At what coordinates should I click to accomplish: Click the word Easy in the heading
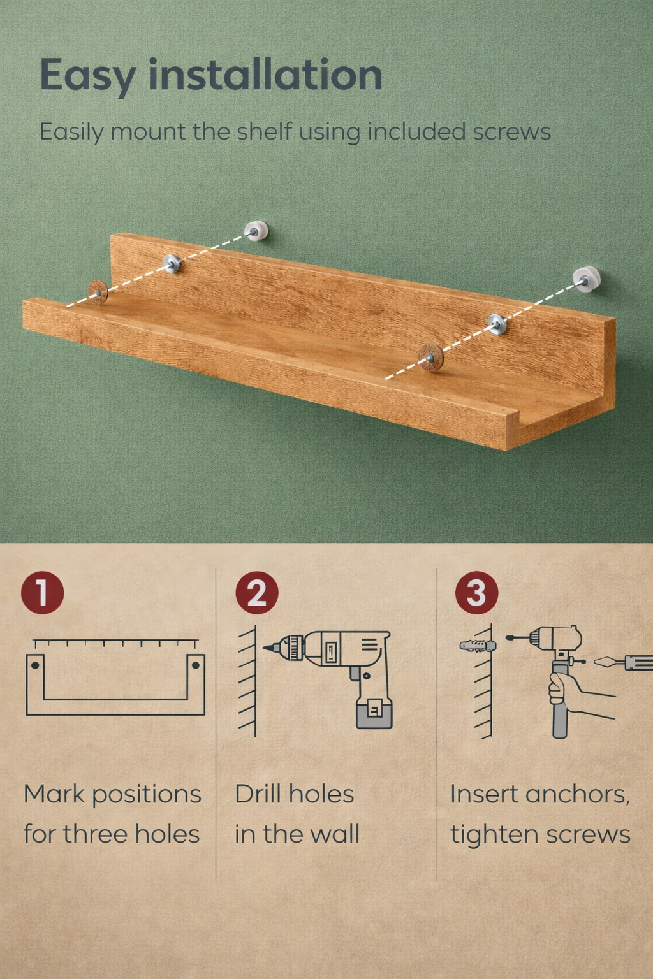(87, 76)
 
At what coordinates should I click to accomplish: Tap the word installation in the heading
(265, 75)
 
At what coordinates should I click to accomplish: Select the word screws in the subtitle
(511, 132)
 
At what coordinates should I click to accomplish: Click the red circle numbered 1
(43, 592)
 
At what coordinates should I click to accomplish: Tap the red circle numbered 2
(257, 593)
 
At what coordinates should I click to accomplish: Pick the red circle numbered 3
(476, 593)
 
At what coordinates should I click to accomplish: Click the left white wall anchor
(256, 231)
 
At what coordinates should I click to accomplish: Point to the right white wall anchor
(587, 279)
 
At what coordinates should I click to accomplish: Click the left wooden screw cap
(98, 291)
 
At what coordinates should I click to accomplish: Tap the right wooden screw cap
(430, 356)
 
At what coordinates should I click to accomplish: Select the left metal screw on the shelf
(172, 263)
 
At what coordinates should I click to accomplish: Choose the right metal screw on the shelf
(497, 324)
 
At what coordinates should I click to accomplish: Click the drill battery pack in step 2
(374, 713)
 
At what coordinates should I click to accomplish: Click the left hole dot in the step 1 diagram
(36, 665)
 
